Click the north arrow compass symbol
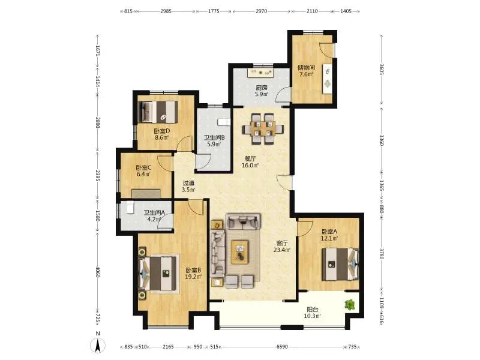click(98, 346)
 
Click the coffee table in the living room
click(239, 251)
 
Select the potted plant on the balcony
click(350, 305)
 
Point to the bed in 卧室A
click(340, 264)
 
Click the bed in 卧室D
click(158, 112)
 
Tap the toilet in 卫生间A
click(130, 207)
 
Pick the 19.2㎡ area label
click(193, 277)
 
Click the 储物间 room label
click(306, 68)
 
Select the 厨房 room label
click(262, 88)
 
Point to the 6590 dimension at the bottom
click(282, 347)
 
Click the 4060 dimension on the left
click(98, 272)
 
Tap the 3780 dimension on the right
click(382, 253)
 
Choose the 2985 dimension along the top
click(166, 11)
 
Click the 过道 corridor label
click(188, 184)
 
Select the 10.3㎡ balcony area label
click(313, 316)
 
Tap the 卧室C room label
click(143, 168)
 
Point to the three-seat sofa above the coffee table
click(243, 221)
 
